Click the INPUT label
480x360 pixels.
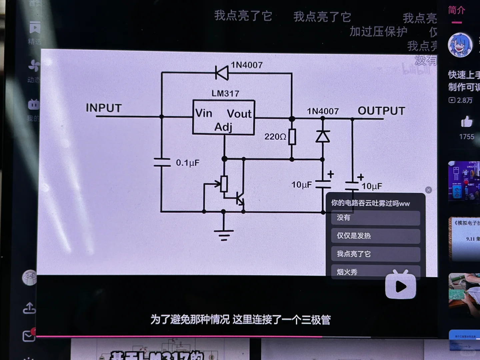point(104,108)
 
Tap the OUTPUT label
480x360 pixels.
point(381,111)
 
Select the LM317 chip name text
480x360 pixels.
point(225,93)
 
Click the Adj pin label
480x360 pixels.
point(223,127)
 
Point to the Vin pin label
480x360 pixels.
point(204,113)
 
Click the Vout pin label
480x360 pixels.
point(239,114)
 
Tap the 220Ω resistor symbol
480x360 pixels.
point(292,136)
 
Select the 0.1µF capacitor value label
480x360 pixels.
point(187,163)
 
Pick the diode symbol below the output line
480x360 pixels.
point(323,136)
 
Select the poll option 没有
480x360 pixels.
point(375,218)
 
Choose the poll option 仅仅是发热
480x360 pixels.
point(375,236)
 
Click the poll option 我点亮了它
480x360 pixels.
point(375,254)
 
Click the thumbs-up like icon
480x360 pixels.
point(467,122)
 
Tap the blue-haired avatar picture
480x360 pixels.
point(460,45)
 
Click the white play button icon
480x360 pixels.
point(401,286)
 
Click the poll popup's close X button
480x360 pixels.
point(429,190)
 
